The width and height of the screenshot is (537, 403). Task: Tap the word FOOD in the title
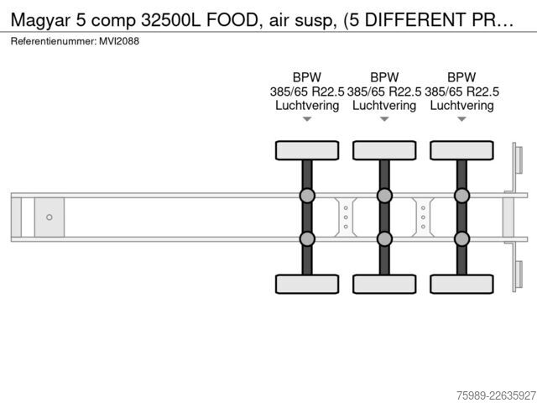[x=232, y=20]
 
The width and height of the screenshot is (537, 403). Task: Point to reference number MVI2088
[x=119, y=41]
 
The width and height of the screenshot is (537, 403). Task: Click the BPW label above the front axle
[x=307, y=77]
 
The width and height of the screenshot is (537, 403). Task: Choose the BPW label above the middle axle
[x=384, y=77]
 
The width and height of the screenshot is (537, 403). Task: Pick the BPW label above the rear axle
[x=461, y=77]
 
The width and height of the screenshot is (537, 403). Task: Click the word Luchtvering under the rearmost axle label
[x=461, y=106]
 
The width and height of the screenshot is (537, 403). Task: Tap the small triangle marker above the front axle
[x=307, y=119]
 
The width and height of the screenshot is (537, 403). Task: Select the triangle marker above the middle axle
[x=384, y=119]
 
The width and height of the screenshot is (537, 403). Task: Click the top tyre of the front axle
[x=307, y=150]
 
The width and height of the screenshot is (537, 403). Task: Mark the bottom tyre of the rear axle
[x=462, y=284]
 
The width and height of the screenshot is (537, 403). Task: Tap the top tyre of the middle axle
[x=384, y=150]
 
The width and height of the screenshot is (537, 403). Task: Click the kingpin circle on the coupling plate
[x=50, y=217]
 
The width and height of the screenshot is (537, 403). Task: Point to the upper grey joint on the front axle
[x=307, y=196]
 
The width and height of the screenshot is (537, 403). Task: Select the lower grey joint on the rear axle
[x=462, y=238]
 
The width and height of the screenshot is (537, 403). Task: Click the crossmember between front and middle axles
[x=346, y=217]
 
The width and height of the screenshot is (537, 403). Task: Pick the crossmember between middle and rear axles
[x=423, y=217]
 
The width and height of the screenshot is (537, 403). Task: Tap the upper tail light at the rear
[x=519, y=160]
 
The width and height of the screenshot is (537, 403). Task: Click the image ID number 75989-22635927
[x=496, y=395]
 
